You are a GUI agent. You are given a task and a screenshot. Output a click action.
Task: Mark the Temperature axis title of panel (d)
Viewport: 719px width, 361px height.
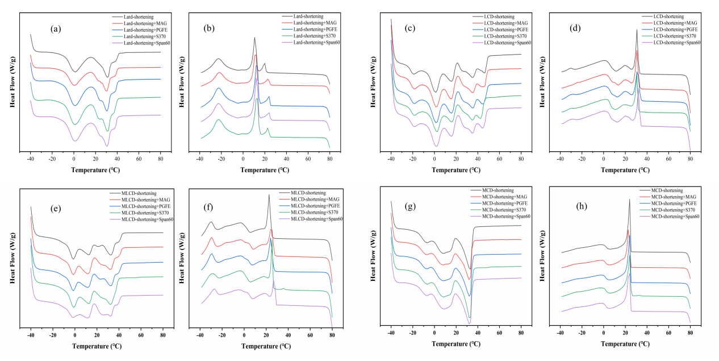625,169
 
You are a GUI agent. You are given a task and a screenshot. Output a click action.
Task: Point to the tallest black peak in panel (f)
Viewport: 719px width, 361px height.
269,195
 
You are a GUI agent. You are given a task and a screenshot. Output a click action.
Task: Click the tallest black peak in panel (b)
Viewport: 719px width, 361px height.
254,38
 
